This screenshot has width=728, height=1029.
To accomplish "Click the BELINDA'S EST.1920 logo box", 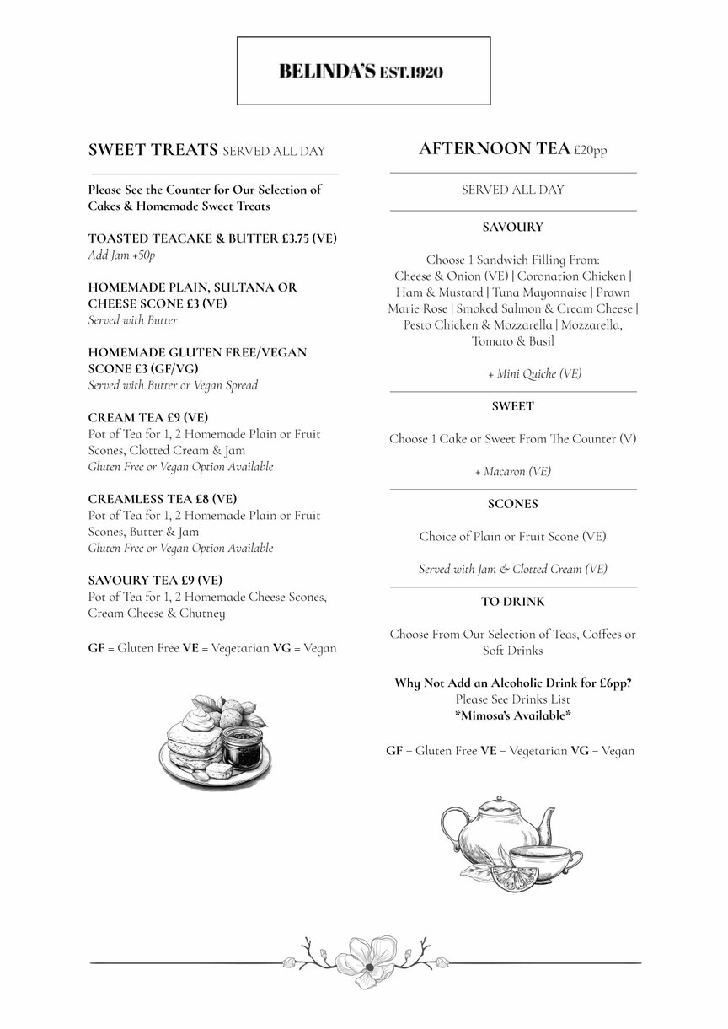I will (363, 72).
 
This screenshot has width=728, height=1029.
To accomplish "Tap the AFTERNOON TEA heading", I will (495, 149).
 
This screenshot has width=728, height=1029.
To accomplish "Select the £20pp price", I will (590, 151).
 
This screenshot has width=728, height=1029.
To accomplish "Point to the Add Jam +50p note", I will (122, 255).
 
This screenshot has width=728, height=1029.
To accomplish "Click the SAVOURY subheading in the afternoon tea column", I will (512, 227).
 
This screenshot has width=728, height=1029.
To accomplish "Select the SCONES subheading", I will (512, 504).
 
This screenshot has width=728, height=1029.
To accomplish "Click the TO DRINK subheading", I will (512, 602).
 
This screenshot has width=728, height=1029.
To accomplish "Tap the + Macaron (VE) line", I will (512, 471).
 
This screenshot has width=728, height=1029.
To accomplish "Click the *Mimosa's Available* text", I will (512, 715).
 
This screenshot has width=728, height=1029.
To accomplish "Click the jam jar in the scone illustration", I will (243, 745).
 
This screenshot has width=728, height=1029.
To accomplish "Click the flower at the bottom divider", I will (365, 962).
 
